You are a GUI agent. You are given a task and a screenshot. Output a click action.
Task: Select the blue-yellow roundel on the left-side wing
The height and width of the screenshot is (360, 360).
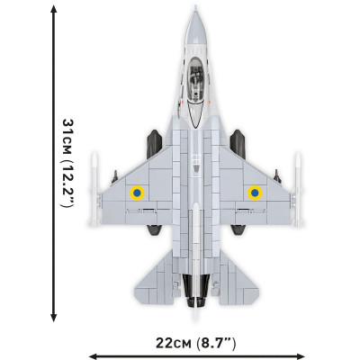[x=137, y=192]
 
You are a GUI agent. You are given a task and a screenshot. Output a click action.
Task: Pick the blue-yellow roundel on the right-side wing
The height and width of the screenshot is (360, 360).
[x=255, y=192]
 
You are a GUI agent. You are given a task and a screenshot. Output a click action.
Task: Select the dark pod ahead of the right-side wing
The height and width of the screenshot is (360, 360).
[x=239, y=141]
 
